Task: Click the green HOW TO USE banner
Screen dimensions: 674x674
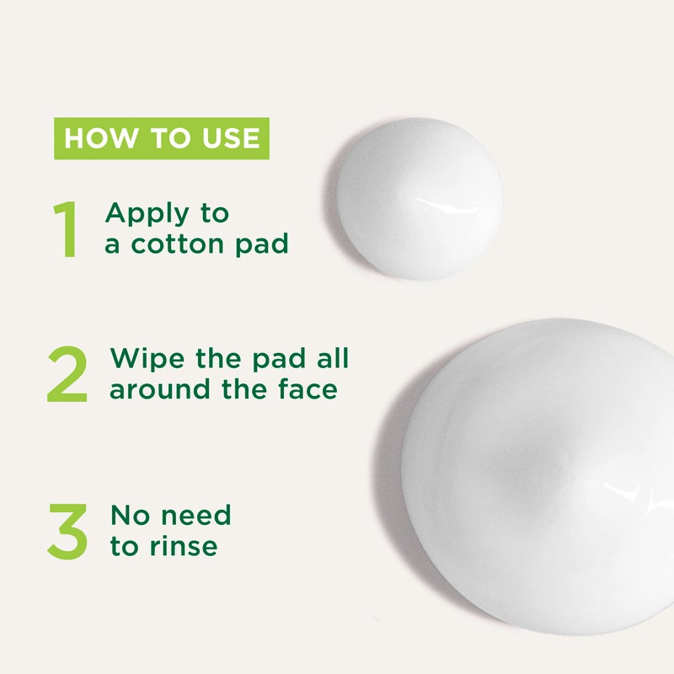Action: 162,138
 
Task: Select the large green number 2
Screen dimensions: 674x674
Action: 67,374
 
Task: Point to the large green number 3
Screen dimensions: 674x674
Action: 67,531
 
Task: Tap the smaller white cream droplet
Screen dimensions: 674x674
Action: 419,200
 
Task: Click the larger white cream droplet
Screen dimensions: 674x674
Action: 539,476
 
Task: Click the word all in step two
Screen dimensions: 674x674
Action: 331,358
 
